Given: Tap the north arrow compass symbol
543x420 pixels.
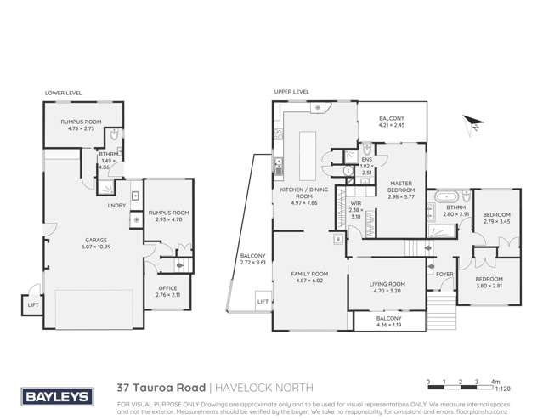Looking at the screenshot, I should coord(473,124).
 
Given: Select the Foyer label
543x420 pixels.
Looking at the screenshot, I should coord(444,275).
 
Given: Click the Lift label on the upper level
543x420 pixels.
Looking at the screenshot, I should coord(263,301).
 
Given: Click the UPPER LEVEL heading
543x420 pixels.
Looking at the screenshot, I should coord(291,91).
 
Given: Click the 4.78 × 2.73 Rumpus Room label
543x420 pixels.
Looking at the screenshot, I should coord(81,125).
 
